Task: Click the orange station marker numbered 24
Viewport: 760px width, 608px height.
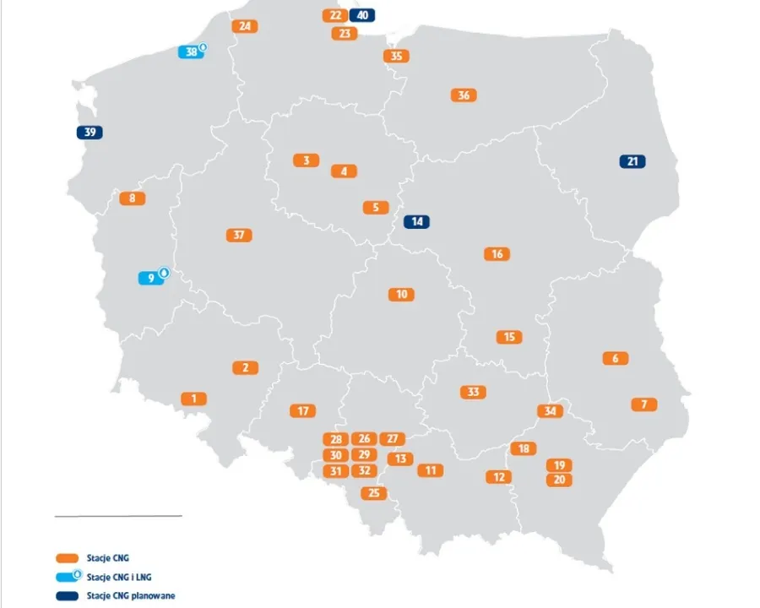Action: click(x=245, y=26)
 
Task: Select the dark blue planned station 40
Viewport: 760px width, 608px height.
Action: click(x=361, y=15)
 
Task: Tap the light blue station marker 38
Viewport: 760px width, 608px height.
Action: click(x=192, y=52)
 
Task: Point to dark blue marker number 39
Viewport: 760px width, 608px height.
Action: click(x=89, y=133)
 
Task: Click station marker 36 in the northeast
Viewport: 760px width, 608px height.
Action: click(x=464, y=95)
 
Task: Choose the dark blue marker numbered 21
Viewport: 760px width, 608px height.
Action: click(x=632, y=161)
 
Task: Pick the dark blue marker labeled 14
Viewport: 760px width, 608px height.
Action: click(x=416, y=222)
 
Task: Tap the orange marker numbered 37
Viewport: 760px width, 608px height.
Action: click(x=239, y=235)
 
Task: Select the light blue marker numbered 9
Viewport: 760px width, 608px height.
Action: click(x=152, y=277)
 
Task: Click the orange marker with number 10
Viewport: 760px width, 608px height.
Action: click(x=401, y=294)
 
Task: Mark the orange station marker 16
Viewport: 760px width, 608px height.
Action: click(x=497, y=254)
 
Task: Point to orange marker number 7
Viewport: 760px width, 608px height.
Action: click(x=644, y=404)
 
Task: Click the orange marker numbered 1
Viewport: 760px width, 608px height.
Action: click(x=193, y=398)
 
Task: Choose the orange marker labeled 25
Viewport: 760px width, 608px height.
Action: click(x=373, y=493)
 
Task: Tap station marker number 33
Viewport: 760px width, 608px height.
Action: click(x=473, y=392)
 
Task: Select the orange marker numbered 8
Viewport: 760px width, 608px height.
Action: click(x=133, y=198)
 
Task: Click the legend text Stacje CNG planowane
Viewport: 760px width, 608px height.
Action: click(x=131, y=595)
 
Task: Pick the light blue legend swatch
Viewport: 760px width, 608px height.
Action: click(x=68, y=577)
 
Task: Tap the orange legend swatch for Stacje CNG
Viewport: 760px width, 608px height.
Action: click(x=66, y=557)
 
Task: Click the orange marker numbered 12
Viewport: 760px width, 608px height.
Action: click(x=498, y=477)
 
